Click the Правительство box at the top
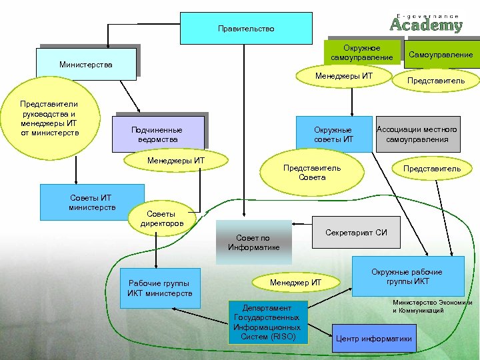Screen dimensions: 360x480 tap(246, 29)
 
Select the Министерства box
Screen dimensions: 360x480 tap(87, 65)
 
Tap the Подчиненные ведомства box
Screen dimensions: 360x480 tap(159, 135)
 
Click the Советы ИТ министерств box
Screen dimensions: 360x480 tap(92, 202)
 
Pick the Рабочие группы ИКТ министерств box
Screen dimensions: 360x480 tap(159, 289)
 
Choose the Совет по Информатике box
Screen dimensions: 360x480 tap(253, 242)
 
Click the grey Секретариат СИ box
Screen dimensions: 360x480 tap(356, 233)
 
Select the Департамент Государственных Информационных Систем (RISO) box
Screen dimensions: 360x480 tap(267, 323)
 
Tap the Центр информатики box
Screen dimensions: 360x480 tap(374, 339)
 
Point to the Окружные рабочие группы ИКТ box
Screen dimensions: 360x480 tap(407, 276)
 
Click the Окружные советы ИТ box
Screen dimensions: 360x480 tap(333, 134)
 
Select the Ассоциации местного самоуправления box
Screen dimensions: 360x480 tap(417, 134)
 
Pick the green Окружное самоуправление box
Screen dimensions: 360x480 tap(362, 53)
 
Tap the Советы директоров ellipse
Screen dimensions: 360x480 tap(161, 219)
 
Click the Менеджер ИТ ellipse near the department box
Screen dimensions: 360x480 tap(295, 283)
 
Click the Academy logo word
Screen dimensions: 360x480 tap(426, 25)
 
